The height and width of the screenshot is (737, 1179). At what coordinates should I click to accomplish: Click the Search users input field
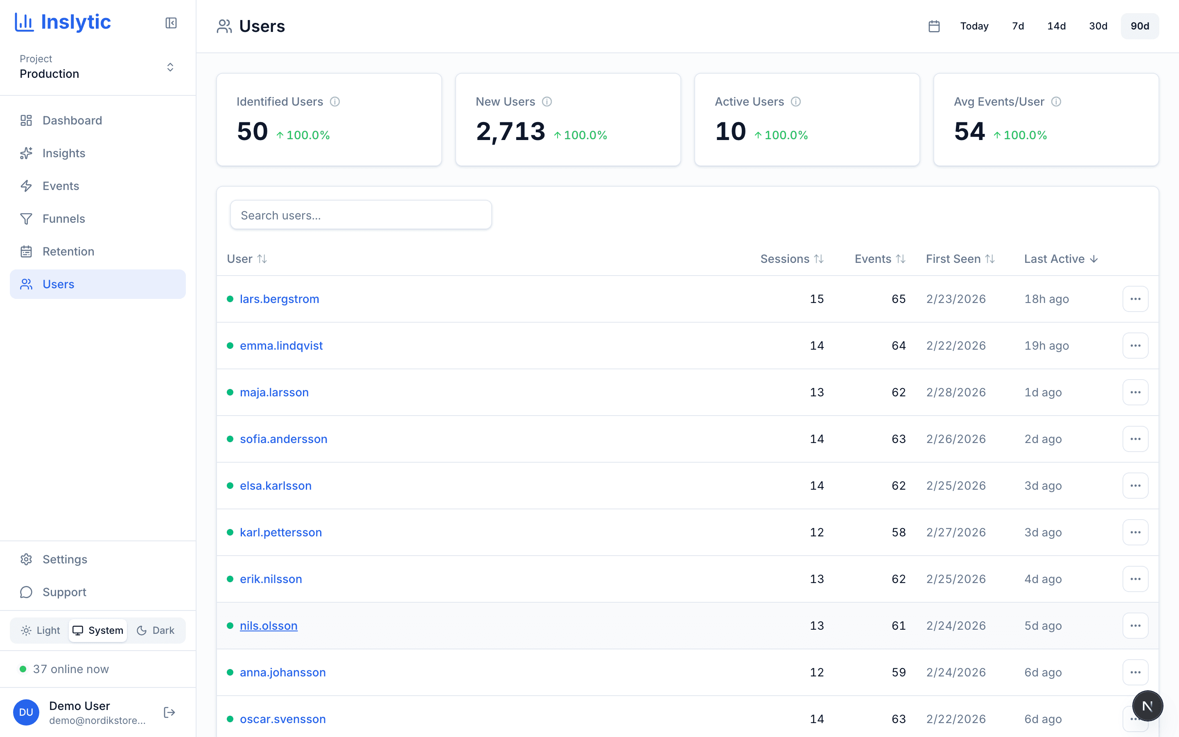361,215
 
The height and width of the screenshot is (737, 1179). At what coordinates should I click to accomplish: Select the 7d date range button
1018,26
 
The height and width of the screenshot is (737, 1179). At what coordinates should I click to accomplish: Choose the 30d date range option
1098,26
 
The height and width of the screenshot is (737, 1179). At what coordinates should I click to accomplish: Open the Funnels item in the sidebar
63,219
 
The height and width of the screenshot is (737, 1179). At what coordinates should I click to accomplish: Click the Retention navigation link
68,251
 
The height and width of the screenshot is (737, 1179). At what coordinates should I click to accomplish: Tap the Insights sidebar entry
63,153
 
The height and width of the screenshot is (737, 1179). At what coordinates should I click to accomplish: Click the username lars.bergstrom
279,299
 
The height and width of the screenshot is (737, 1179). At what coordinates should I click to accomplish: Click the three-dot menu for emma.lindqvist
1135,346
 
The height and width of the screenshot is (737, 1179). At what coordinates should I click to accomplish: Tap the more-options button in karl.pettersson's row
1135,532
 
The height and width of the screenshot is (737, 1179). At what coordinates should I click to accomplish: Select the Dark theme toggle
156,630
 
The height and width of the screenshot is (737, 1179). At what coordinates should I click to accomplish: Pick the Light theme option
41,630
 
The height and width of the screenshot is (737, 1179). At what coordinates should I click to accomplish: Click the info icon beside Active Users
795,102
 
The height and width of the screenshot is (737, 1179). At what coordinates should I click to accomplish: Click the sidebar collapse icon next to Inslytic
171,23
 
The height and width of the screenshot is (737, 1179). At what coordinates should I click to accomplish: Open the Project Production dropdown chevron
170,67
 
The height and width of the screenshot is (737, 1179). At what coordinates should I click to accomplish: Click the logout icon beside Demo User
169,712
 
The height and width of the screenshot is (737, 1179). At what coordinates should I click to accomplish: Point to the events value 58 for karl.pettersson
899,532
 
